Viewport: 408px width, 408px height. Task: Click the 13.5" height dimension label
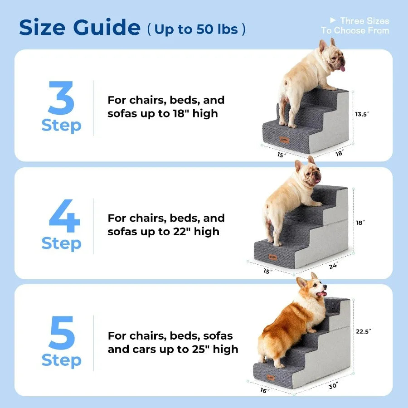[362, 115]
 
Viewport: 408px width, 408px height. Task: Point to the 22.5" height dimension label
[364, 331]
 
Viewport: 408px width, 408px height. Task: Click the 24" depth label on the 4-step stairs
[333, 266]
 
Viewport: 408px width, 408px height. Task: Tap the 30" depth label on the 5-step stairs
[333, 386]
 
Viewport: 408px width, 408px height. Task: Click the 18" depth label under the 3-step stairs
[339, 154]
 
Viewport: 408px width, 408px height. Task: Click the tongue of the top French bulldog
[343, 68]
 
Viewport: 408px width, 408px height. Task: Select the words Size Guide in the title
[79, 28]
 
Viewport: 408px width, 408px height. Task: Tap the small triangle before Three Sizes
[333, 20]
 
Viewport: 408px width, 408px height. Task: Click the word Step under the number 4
[61, 243]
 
